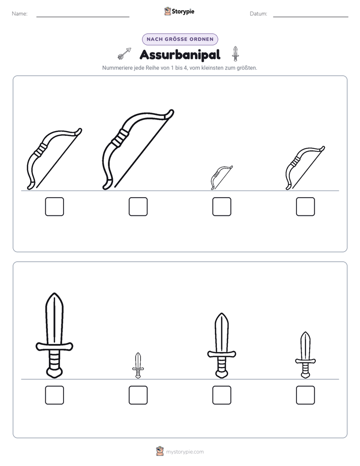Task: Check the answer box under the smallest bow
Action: (221, 207)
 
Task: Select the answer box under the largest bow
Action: (138, 207)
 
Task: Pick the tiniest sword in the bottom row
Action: (138, 366)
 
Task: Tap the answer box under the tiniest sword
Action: (138, 395)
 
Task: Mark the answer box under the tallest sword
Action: (54, 395)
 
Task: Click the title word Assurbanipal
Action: (180, 54)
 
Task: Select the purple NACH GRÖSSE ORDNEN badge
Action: (180, 39)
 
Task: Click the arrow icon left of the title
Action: (125, 53)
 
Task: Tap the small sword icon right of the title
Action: (235, 54)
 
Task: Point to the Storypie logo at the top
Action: (179, 11)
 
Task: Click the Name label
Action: (20, 14)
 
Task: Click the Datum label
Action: (259, 14)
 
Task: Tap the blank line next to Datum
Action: (311, 17)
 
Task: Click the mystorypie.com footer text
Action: (185, 452)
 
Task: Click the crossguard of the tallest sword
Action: (54, 346)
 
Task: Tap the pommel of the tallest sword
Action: (54, 372)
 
